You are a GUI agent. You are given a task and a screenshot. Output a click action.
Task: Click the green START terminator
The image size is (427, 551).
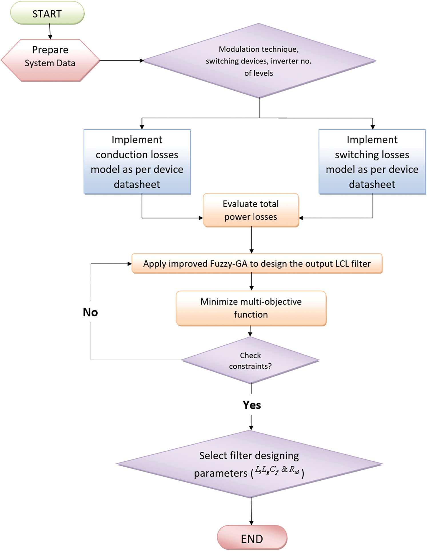[47, 13]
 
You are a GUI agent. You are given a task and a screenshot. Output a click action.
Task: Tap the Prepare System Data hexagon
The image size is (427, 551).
[50, 60]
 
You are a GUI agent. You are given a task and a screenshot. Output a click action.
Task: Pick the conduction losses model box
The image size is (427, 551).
[137, 162]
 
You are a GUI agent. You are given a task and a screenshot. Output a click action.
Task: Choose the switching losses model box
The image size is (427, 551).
[372, 162]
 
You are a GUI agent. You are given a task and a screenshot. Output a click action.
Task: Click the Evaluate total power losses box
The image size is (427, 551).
[251, 210]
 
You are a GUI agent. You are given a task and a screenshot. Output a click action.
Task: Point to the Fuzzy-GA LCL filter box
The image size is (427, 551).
[257, 263]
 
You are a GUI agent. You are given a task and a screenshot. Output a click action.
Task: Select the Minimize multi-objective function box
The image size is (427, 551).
[251, 308]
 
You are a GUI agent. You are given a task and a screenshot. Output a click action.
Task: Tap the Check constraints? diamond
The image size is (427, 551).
[250, 360]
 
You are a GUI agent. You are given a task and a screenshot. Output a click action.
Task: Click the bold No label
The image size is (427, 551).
[90, 312]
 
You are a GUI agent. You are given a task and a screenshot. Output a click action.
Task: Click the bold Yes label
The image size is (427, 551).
[252, 405]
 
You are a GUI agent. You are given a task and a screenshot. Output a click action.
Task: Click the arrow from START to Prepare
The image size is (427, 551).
[50, 31]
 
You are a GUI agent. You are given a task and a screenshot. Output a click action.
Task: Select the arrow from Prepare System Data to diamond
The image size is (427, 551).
[121, 61]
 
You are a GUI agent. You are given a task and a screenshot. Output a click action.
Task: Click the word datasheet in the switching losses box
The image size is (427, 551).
[372, 184]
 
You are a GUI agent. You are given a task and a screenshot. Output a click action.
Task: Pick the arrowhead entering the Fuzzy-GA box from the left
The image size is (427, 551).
[129, 264]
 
